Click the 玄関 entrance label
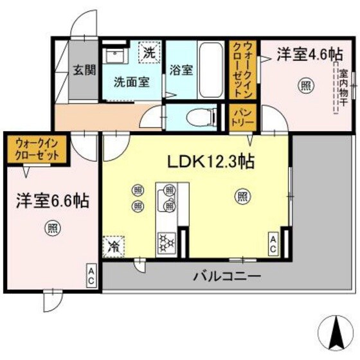click(83, 70)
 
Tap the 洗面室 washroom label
click(132, 82)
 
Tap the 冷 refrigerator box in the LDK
click(114, 245)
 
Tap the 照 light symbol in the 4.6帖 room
click(303, 84)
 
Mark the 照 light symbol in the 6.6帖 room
click(51, 227)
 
